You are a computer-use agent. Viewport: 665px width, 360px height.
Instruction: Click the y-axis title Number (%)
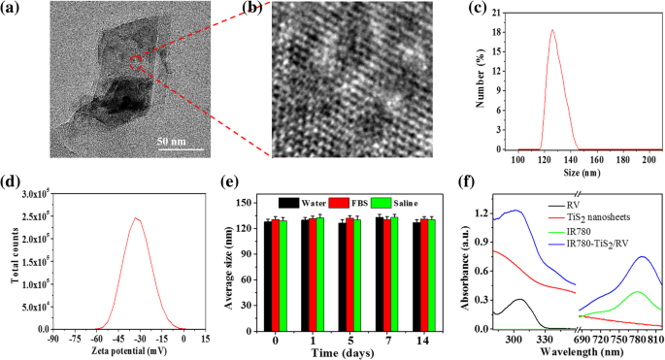pos(473,81)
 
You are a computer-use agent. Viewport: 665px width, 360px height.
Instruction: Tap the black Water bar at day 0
pos(269,276)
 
